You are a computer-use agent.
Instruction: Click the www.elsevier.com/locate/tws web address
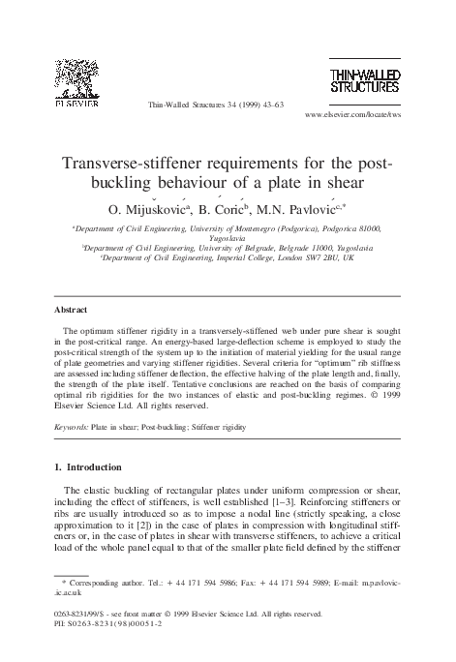coord(352,114)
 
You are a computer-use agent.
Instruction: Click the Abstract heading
coord(71,311)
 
